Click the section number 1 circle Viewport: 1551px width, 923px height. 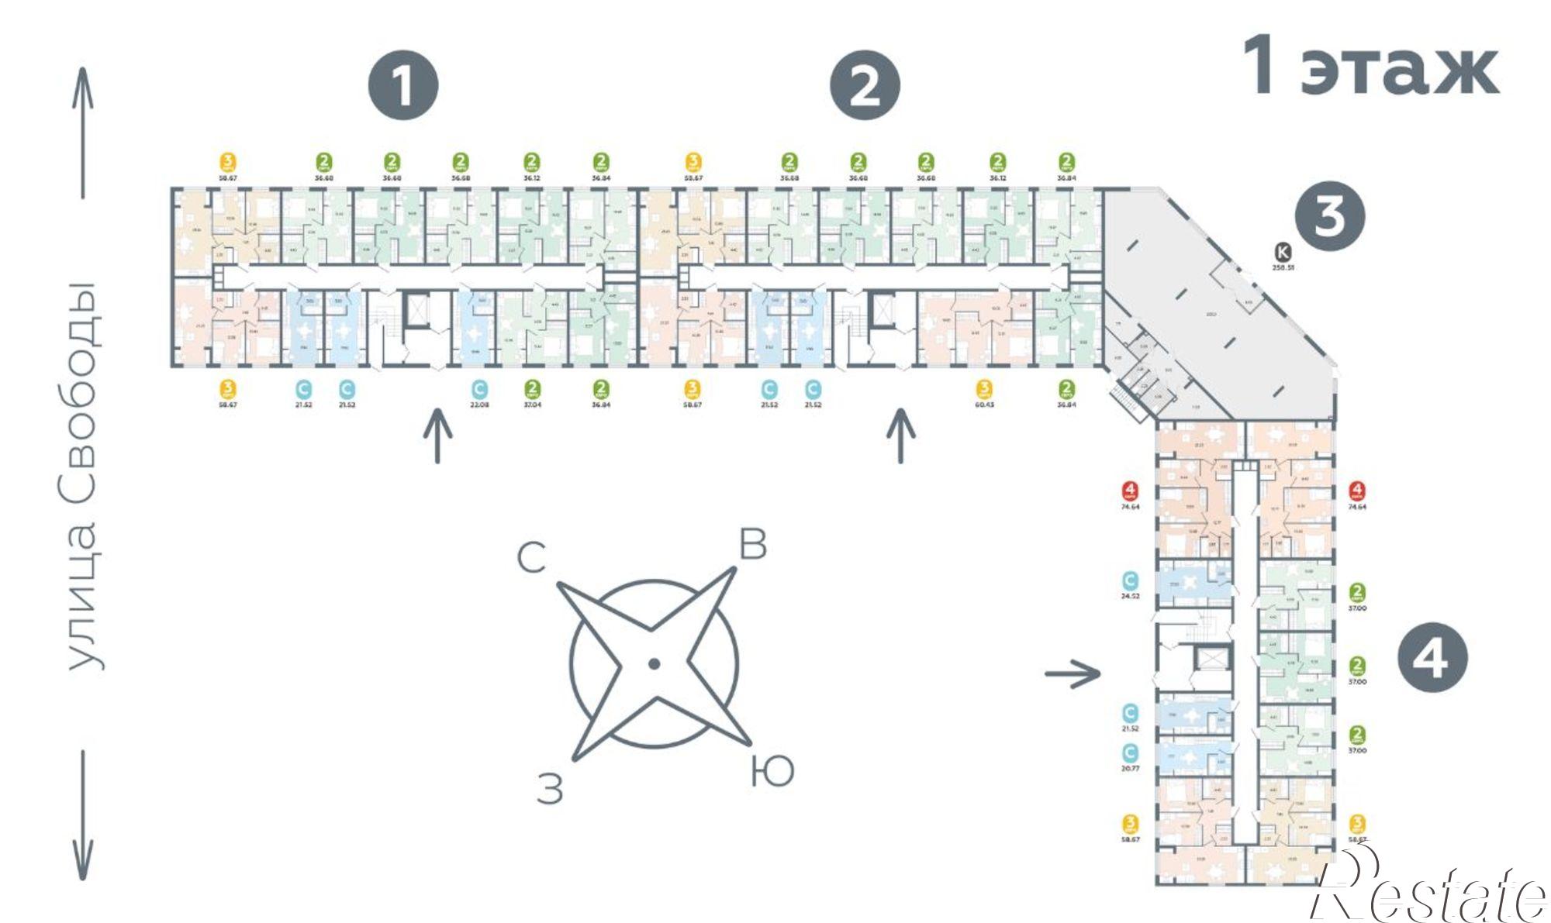(x=402, y=85)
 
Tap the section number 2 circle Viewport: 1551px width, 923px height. (x=865, y=85)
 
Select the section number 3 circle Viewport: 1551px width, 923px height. (x=1329, y=215)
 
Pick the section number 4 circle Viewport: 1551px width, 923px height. (x=1432, y=658)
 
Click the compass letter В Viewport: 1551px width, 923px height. (x=752, y=545)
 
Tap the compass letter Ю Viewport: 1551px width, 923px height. (x=772, y=772)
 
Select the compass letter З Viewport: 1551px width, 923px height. (x=550, y=790)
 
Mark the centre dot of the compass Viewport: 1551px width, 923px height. (x=654, y=663)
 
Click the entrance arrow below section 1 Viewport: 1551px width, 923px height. (x=437, y=436)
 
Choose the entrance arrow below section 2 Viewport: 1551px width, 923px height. (x=900, y=436)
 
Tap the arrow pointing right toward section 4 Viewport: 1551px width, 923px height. (x=1073, y=673)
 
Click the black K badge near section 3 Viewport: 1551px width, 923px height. (x=1283, y=251)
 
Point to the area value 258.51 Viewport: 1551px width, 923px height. (x=1283, y=267)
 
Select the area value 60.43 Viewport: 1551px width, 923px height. (x=984, y=405)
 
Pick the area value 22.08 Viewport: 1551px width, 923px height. (x=479, y=405)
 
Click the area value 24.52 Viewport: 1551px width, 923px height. (x=1130, y=597)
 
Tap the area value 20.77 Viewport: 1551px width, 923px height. (x=1130, y=769)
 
